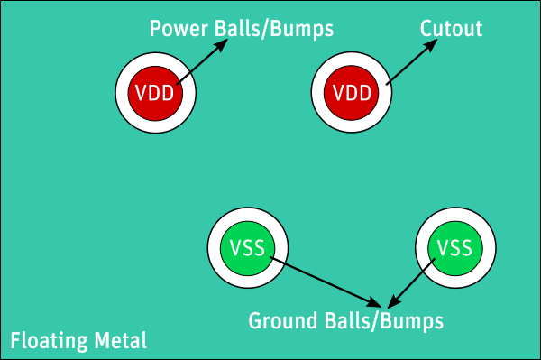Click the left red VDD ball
pyautogui.click(x=155, y=93)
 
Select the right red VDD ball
pyautogui.click(x=352, y=93)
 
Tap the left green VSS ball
pyautogui.click(x=247, y=248)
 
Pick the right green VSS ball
pyautogui.click(x=454, y=248)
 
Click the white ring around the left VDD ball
pyautogui.click(x=124, y=93)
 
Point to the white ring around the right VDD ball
pyautogui.click(x=320, y=93)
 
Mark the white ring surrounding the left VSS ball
pyautogui.click(x=215, y=248)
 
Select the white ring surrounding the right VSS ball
pyautogui.click(x=422, y=248)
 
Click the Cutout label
pyautogui.click(x=451, y=29)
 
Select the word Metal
pyautogui.click(x=120, y=342)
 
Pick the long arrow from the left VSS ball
pyautogui.click(x=325, y=281)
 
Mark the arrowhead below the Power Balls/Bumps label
pyautogui.click(x=219, y=48)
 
